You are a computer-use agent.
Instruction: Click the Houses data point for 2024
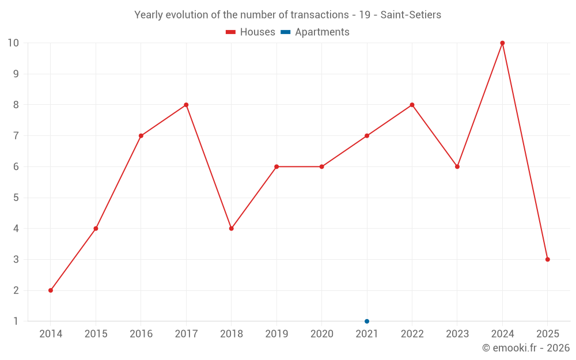click(x=502, y=43)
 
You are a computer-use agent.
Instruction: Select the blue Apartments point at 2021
click(x=367, y=321)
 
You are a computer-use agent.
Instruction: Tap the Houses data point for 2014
click(x=51, y=290)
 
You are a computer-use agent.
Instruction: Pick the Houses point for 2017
click(x=186, y=105)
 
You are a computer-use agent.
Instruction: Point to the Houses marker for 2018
click(x=232, y=229)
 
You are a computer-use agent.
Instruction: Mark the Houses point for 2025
click(x=548, y=259)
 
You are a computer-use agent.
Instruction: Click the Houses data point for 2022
click(x=412, y=105)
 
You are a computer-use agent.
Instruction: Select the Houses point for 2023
click(x=457, y=166)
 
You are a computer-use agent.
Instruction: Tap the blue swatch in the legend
click(x=286, y=32)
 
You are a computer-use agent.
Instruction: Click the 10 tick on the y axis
click(x=13, y=43)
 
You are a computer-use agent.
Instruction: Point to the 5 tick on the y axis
click(x=16, y=198)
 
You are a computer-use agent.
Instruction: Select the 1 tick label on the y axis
click(x=16, y=321)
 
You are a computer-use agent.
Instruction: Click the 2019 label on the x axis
click(x=276, y=334)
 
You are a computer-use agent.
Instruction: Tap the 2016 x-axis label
click(x=141, y=334)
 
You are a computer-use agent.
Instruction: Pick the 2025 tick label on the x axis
click(x=548, y=334)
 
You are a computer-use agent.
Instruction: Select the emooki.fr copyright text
click(x=526, y=348)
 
